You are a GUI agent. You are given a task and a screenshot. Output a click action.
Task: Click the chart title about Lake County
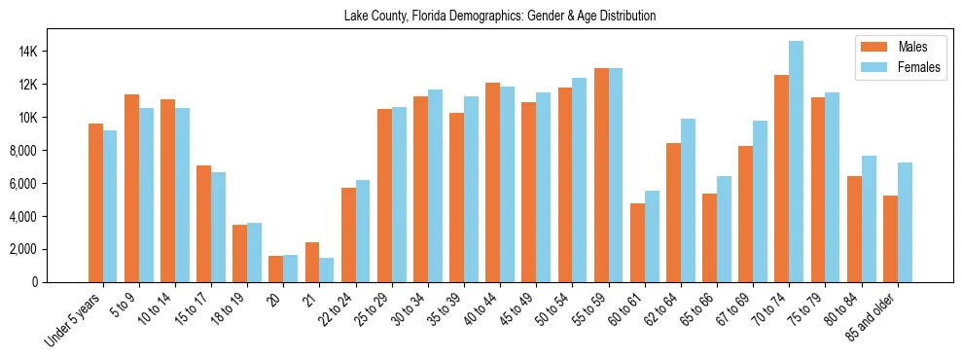tap(500, 16)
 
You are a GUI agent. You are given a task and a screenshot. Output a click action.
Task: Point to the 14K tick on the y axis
tap(53, 52)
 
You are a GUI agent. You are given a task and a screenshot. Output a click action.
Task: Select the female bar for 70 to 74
tap(797, 162)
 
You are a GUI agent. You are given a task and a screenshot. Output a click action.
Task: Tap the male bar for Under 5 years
tap(95, 202)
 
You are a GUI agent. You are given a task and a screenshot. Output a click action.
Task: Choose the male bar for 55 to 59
tap(601, 175)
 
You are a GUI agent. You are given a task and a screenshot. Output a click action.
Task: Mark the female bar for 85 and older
tap(905, 222)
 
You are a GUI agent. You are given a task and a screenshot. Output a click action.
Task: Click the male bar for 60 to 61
tap(637, 242)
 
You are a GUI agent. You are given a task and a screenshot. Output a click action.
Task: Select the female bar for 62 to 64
tap(688, 200)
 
